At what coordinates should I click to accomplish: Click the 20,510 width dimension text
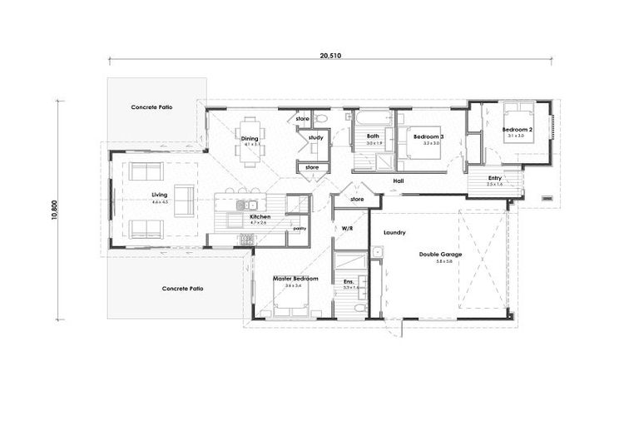(330, 55)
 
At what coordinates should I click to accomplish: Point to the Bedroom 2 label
(517, 130)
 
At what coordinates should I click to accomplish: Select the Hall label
(399, 181)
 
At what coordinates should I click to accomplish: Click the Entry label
(495, 177)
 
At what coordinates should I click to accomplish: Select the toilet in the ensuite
(357, 308)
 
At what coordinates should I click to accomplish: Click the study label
(315, 137)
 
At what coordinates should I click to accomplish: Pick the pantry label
(298, 226)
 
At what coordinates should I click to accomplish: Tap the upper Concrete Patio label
(151, 108)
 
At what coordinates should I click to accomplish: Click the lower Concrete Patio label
(182, 288)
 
